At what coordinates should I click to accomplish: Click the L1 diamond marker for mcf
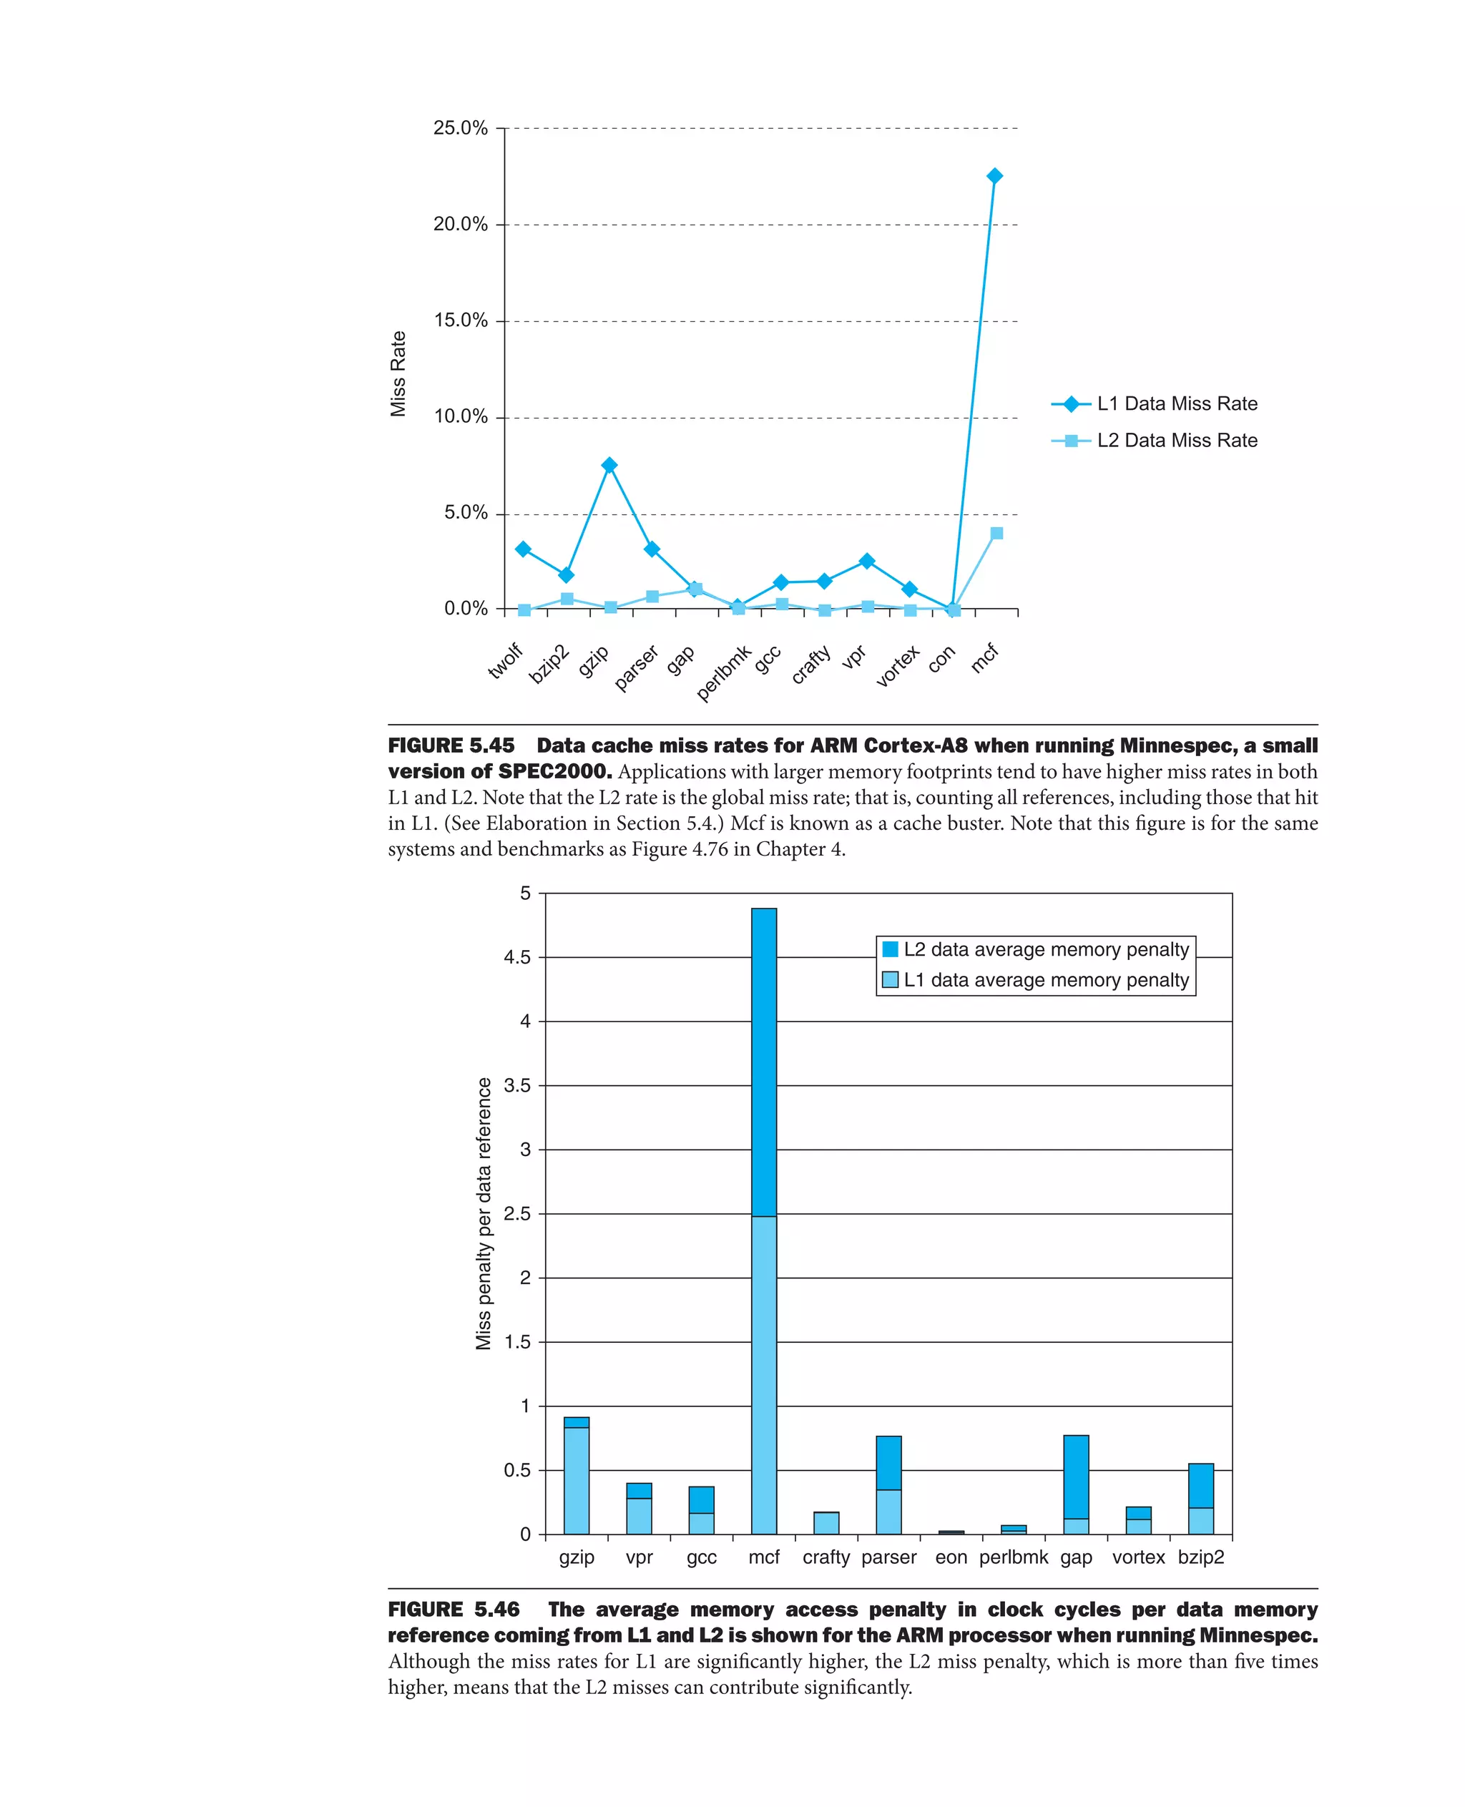pyautogui.click(x=994, y=175)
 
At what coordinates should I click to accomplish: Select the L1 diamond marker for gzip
pyautogui.click(x=609, y=465)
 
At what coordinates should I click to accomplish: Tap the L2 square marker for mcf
pyautogui.click(x=996, y=532)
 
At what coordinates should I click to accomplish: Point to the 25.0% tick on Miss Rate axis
pyautogui.click(x=460, y=128)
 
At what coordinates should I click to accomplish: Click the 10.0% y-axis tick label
pyautogui.click(x=460, y=417)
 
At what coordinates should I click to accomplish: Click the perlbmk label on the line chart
pyautogui.click(x=723, y=672)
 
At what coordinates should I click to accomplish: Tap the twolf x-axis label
pyautogui.click(x=506, y=661)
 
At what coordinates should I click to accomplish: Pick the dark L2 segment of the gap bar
pyautogui.click(x=1076, y=1477)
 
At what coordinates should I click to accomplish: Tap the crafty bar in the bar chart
pyautogui.click(x=826, y=1522)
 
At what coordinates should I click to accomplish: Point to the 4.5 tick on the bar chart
pyautogui.click(x=516, y=957)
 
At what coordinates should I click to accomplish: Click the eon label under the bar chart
pyautogui.click(x=951, y=1557)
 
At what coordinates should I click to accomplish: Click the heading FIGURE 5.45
pyautogui.click(x=451, y=745)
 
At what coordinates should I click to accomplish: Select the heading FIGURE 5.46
pyautogui.click(x=454, y=1610)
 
